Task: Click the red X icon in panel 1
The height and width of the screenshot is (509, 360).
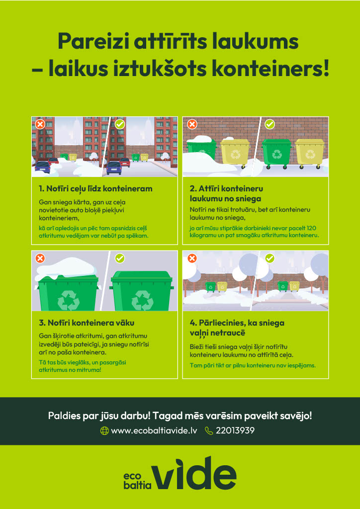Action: (40, 124)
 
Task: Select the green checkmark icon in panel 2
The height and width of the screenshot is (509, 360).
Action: (270, 124)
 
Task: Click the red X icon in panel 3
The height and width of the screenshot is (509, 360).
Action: (40, 258)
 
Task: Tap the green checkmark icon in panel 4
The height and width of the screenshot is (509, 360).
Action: (270, 258)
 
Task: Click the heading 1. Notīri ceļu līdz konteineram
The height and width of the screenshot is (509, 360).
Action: (95, 189)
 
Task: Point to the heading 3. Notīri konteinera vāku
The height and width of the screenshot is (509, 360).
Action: (87, 323)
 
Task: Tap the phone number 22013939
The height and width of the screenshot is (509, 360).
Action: (235, 431)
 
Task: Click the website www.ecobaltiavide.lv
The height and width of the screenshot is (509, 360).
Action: (154, 431)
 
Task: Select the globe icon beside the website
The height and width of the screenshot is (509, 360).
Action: (104, 431)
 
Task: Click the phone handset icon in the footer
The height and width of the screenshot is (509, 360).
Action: (209, 431)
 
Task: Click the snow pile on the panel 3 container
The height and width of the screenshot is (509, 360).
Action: (67, 267)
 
